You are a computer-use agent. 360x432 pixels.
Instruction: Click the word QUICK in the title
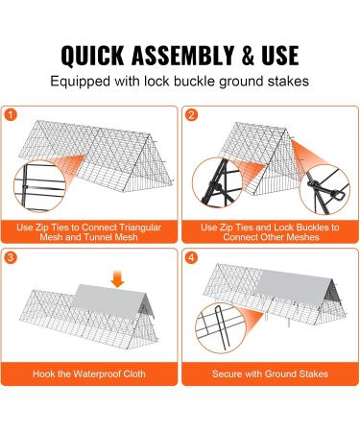[92, 56]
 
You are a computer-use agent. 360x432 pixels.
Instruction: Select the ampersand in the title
[248, 56]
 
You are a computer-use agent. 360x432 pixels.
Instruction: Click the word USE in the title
[280, 56]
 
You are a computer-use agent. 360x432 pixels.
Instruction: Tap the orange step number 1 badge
[11, 115]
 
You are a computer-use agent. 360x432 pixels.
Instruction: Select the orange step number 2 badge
[191, 115]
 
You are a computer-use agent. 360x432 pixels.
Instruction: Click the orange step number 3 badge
[11, 257]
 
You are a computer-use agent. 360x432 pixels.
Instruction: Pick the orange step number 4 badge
[191, 257]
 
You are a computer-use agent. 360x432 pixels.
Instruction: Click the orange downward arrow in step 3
[117, 278]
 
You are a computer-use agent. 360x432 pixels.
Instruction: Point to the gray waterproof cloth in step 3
[111, 300]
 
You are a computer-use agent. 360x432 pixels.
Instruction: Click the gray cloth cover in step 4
[294, 288]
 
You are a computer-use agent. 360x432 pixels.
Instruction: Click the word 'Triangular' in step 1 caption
[140, 228]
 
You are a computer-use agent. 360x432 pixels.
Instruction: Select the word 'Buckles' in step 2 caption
[313, 228]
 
